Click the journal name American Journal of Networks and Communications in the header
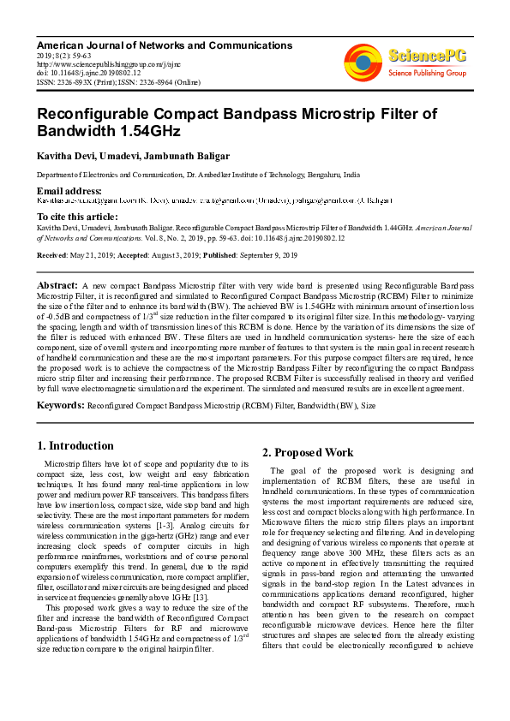pos(165,45)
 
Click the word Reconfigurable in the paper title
pos(99,115)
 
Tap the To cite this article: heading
pos(77,217)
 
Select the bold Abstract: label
pos(57,283)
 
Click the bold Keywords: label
pos(61,403)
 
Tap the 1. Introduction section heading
pos(75,445)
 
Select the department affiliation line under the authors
pos(198,174)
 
